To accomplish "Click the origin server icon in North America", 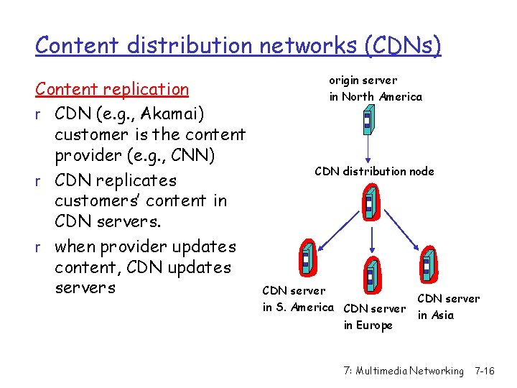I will pyautogui.click(x=368, y=121).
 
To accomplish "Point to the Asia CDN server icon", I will pyautogui.click(x=428, y=265).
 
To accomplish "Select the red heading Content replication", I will pyautogui.click(x=112, y=89).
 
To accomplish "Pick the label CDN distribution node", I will pyautogui.click(x=374, y=171).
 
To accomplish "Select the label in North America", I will pyautogui.click(x=376, y=96).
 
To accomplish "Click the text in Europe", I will pyautogui.click(x=368, y=325).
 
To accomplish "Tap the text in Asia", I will pyautogui.click(x=435, y=315).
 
